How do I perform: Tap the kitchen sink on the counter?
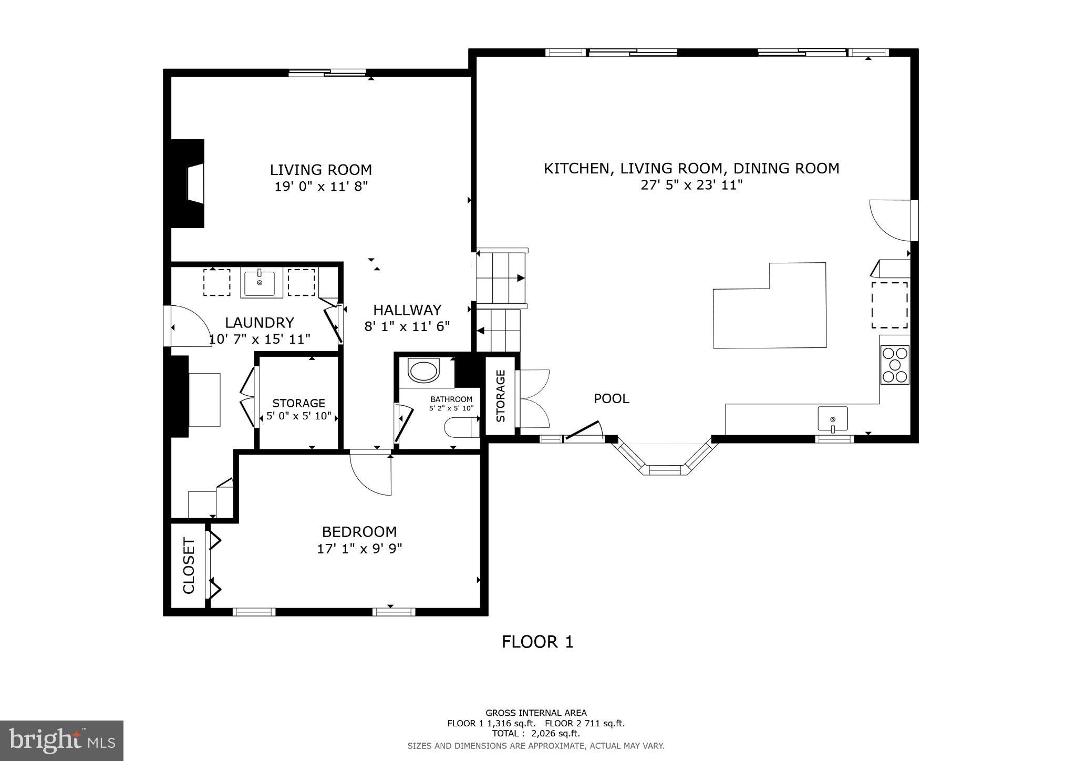(x=833, y=419)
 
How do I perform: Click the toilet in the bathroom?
(x=462, y=427)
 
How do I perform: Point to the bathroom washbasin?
(x=423, y=371)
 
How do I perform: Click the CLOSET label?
(x=189, y=565)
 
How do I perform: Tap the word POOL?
(x=611, y=399)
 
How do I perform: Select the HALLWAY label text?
(x=407, y=310)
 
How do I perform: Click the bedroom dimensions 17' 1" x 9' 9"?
(x=359, y=549)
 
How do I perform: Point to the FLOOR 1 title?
(x=537, y=642)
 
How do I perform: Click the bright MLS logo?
(x=61, y=741)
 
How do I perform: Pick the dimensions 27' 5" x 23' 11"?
(x=691, y=185)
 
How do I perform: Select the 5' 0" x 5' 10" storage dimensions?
(x=298, y=417)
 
